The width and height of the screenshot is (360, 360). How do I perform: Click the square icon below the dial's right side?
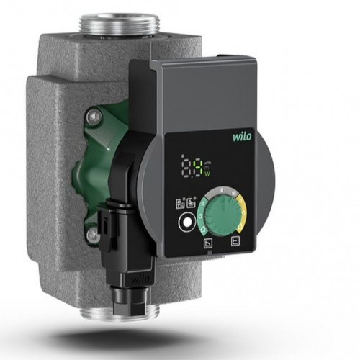pyautogui.click(x=234, y=242)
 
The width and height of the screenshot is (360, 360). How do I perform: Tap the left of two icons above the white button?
pyautogui.click(x=181, y=204)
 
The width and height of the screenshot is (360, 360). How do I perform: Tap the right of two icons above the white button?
pyautogui.click(x=191, y=204)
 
